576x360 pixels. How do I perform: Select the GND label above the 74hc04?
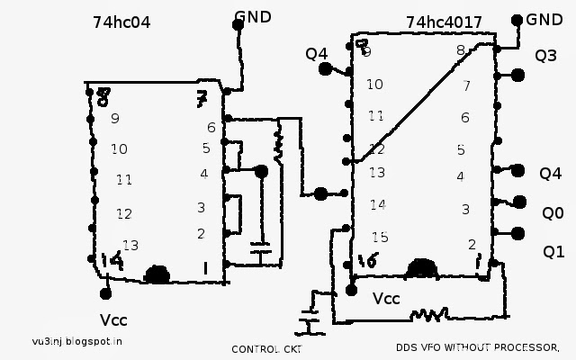(x=252, y=16)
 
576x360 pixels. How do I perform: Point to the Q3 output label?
(x=545, y=56)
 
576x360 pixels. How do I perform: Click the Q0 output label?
(x=552, y=213)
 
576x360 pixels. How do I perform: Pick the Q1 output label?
(x=553, y=251)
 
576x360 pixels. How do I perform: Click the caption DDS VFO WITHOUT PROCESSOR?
(x=477, y=346)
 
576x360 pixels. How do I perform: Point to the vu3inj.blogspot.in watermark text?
(x=76, y=340)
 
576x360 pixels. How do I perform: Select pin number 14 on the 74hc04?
(x=112, y=262)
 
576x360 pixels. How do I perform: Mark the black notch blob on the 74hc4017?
(x=422, y=268)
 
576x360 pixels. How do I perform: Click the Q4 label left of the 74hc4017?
(x=317, y=54)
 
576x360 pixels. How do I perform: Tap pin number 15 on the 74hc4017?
(x=379, y=238)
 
